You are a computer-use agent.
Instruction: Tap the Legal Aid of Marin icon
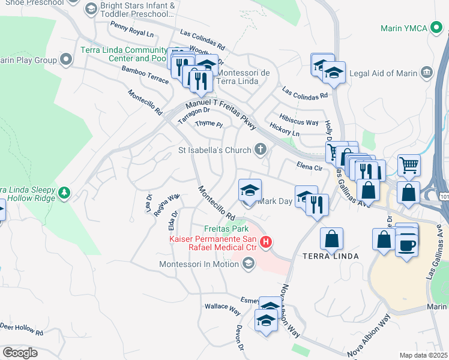(x=427, y=73)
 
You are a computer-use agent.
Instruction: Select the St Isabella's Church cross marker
(x=260, y=149)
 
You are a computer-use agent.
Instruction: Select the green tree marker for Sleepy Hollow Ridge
(x=64, y=193)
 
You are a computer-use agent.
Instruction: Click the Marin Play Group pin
(x=66, y=60)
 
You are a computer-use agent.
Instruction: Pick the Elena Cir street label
(x=309, y=166)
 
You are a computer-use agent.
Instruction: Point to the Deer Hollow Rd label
(x=22, y=329)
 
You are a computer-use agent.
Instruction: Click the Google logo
(x=20, y=353)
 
